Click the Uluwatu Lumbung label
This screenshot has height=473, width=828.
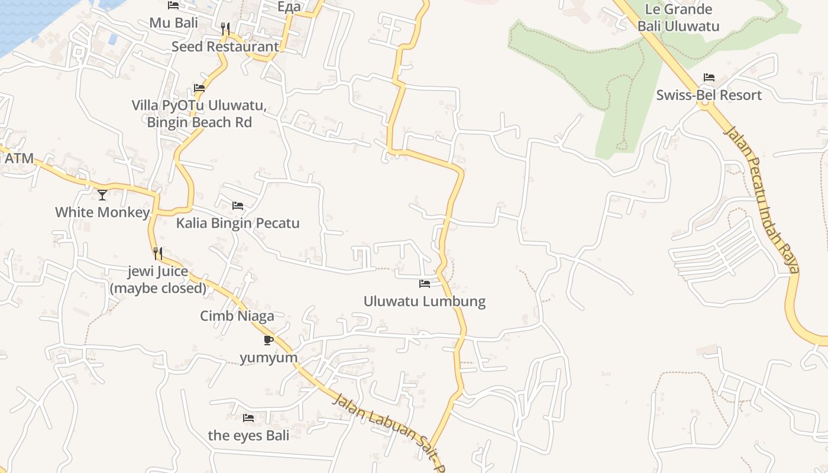pyautogui.click(x=424, y=302)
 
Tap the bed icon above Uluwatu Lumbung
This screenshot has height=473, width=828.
pyautogui.click(x=424, y=284)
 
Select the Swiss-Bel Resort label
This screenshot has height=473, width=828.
pyautogui.click(x=709, y=95)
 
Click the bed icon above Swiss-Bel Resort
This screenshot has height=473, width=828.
pyautogui.click(x=709, y=77)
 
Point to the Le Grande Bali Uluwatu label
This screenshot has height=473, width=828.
pyautogui.click(x=678, y=18)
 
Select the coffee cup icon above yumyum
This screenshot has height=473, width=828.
pyautogui.click(x=268, y=340)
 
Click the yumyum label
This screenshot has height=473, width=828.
pyautogui.click(x=269, y=358)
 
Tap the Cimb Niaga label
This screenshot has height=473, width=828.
pyautogui.click(x=237, y=316)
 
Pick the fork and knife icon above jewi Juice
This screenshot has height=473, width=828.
pyautogui.click(x=158, y=254)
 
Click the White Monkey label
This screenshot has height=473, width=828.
pyautogui.click(x=102, y=212)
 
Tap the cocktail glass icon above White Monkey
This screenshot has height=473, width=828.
pyautogui.click(x=102, y=195)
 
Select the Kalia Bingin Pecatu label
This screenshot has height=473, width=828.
pyautogui.click(x=238, y=223)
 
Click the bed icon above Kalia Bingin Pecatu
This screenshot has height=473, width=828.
pyautogui.click(x=238, y=206)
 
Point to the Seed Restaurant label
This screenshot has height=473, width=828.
pyautogui.click(x=225, y=46)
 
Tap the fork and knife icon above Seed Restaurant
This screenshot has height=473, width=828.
pyautogui.click(x=225, y=28)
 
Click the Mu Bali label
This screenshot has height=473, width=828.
pyautogui.click(x=173, y=23)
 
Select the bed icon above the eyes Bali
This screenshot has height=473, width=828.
pyautogui.click(x=248, y=418)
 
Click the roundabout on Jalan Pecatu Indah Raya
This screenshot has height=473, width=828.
pyautogui.click(x=704, y=105)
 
